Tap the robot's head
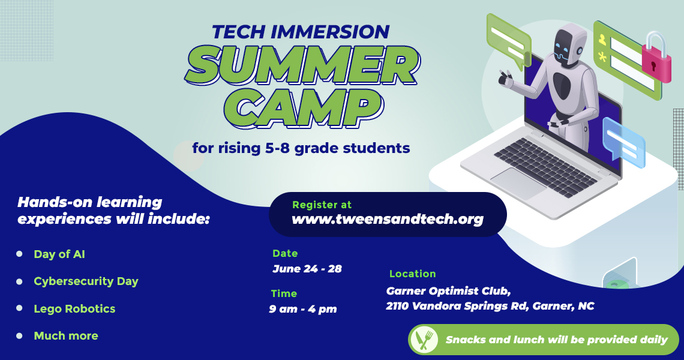(568, 45)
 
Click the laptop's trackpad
(518, 181)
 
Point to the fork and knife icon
(424, 340)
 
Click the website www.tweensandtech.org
(388, 218)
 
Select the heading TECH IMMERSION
(301, 32)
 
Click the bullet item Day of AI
(59, 254)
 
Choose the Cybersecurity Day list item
(86, 281)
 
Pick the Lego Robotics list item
(74, 309)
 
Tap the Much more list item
(66, 335)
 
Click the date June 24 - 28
(307, 269)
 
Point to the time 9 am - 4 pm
(303, 310)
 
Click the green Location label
(413, 274)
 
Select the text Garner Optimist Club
(448, 291)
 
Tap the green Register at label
(322, 205)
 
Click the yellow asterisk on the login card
(602, 57)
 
